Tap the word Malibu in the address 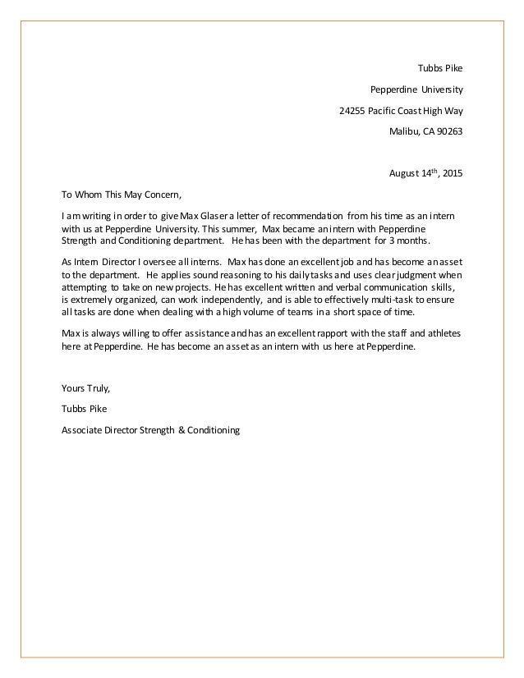click(x=402, y=131)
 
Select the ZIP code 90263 click(x=448, y=131)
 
